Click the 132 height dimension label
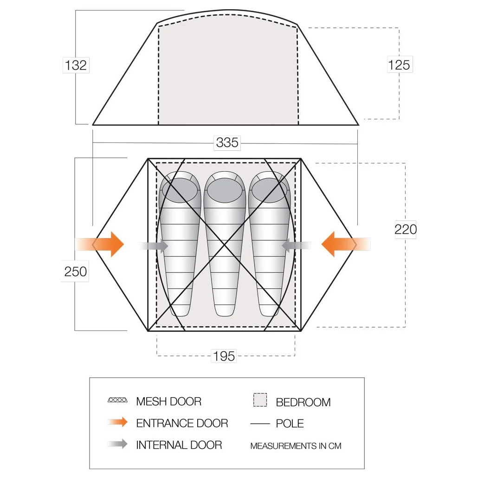(76, 65)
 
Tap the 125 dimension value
(399, 65)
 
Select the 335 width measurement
(227, 142)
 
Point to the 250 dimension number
(75, 271)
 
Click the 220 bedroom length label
(406, 229)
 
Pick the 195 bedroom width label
(224, 356)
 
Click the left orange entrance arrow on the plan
(109, 244)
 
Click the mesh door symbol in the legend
(117, 400)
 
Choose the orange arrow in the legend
(117, 422)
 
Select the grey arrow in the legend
(117, 444)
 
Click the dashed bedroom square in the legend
(260, 400)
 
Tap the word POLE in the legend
(290, 423)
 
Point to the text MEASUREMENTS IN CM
(296, 446)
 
